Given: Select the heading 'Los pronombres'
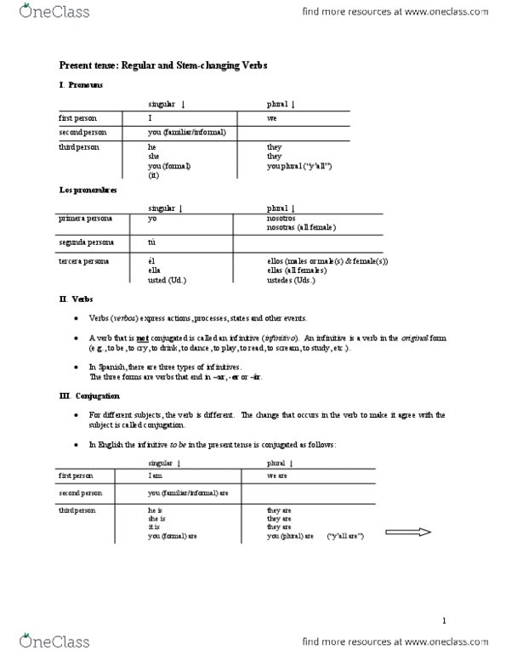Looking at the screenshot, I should pos(88,191).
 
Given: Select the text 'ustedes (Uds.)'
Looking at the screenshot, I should pos(289,279).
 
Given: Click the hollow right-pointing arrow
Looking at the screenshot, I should pos(409,533).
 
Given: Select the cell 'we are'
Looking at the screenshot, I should pos(277,476).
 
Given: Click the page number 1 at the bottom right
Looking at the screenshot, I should pos(445,620).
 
